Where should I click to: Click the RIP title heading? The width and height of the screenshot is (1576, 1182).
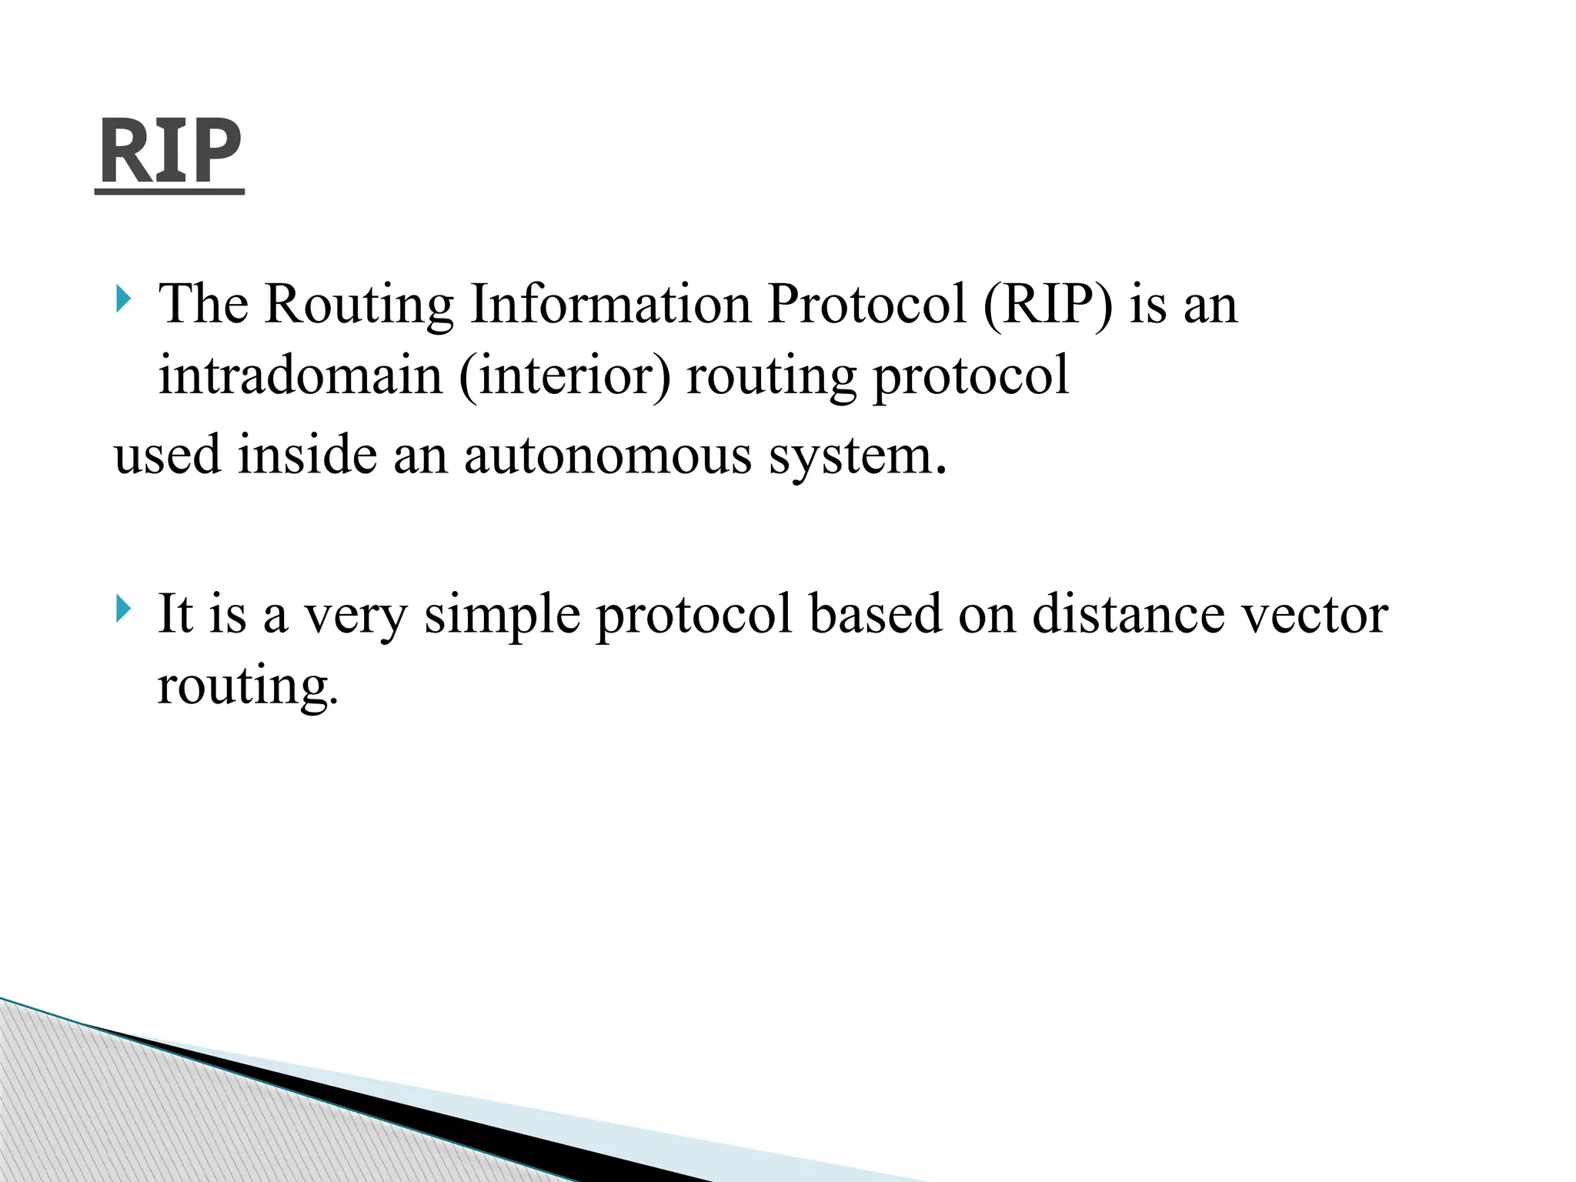coord(170,152)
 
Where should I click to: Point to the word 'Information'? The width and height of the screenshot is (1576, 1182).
coord(610,304)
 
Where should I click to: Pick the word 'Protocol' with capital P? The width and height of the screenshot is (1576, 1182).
coord(866,304)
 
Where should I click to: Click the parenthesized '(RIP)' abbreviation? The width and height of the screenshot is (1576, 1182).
coord(1047,306)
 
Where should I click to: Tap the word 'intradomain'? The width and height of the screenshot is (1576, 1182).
coord(301,376)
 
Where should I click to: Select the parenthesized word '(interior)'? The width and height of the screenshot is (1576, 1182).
coord(565,377)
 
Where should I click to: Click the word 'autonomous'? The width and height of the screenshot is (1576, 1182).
coord(607,456)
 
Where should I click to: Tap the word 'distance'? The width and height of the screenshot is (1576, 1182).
coord(1128,614)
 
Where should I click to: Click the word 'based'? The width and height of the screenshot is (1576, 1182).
coord(875,614)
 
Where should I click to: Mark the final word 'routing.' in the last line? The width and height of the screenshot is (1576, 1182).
coord(247,687)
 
